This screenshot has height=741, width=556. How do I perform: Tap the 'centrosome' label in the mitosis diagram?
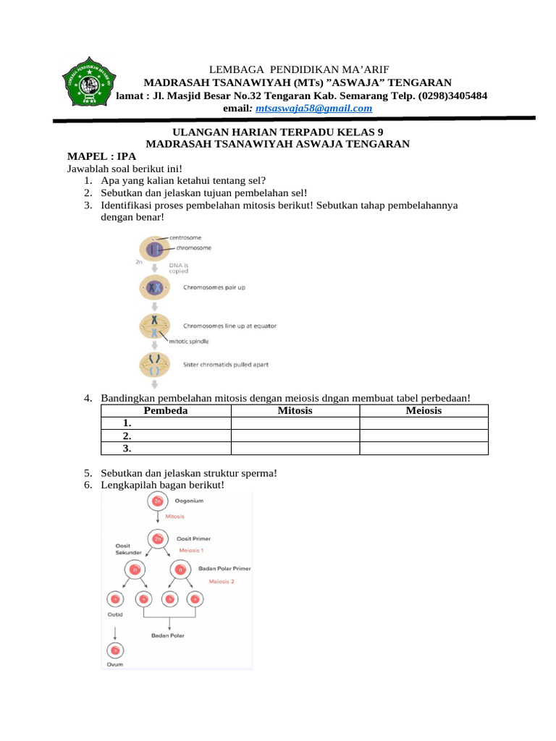tap(186, 237)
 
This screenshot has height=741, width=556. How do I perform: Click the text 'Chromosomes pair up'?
tap(214, 288)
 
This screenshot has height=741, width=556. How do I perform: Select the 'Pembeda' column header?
tap(166, 411)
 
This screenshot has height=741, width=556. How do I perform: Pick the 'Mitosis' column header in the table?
tap(295, 411)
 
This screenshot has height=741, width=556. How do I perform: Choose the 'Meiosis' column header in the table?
tap(424, 411)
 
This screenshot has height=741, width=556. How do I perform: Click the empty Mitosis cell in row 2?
tap(295, 436)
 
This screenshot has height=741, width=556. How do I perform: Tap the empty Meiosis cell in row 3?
tap(424, 448)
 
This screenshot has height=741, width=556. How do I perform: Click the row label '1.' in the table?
tap(127, 423)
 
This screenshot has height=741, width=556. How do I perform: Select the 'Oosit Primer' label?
tap(194, 539)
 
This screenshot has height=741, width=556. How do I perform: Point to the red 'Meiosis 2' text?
tap(222, 581)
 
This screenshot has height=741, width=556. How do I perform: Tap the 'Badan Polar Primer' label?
tap(224, 569)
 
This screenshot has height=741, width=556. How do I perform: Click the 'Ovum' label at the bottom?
tap(114, 664)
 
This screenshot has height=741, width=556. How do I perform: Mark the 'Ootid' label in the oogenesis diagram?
tap(114, 614)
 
